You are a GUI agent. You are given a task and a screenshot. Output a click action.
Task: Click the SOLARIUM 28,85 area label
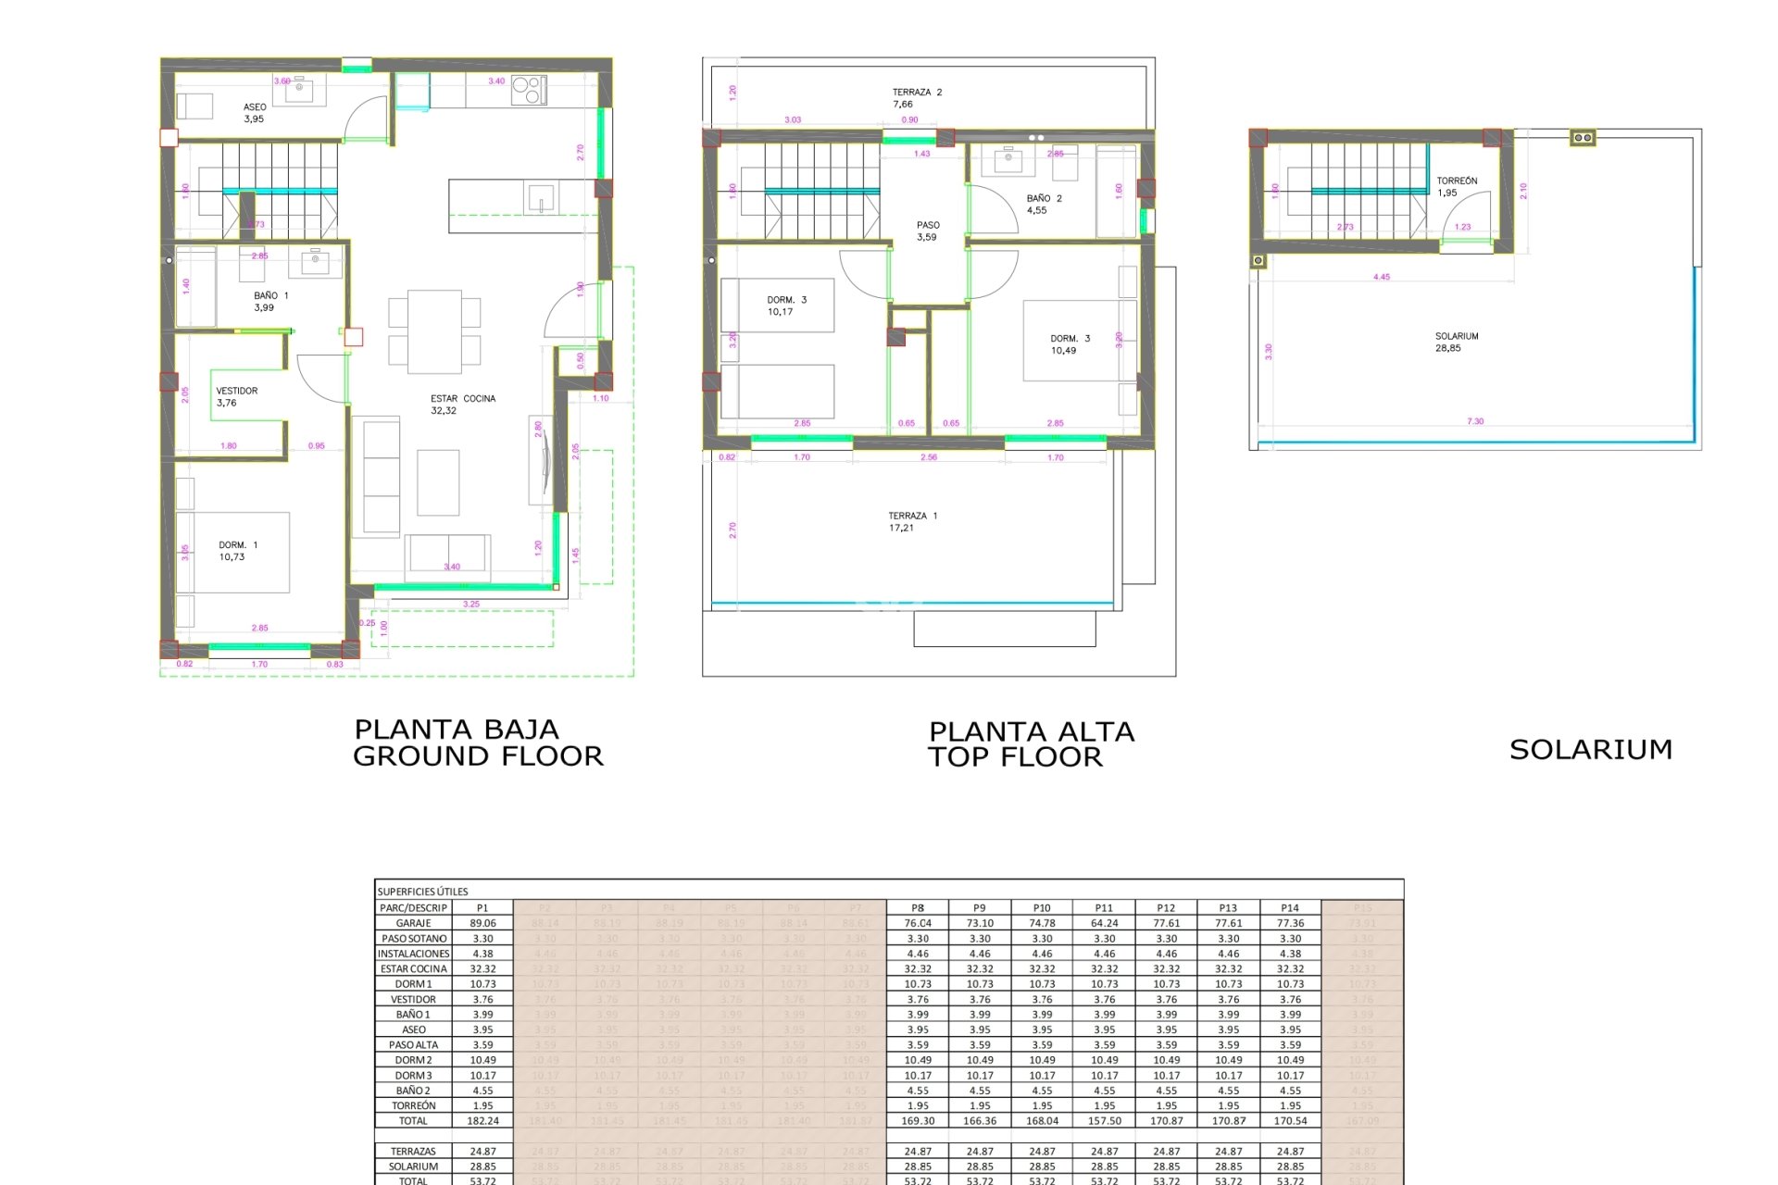coord(1456,343)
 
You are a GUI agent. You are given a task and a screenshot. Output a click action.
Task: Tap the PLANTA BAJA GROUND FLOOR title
coord(478,743)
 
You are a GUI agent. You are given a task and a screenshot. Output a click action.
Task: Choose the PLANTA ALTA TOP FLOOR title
coord(1031,744)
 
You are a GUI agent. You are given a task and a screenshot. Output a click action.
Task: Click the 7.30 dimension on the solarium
coord(1475,421)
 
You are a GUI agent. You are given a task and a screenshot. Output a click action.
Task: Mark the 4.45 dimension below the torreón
coord(1381,277)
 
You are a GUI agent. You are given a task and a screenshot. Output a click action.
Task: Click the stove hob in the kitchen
coord(529,90)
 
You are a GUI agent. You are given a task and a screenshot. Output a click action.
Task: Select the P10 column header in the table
coord(1042,908)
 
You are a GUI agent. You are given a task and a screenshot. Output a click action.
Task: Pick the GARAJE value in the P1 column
coord(482,923)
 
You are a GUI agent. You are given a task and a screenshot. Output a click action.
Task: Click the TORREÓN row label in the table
coord(413,1105)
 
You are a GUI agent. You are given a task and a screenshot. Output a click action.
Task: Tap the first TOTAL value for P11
coord(1104,1121)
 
